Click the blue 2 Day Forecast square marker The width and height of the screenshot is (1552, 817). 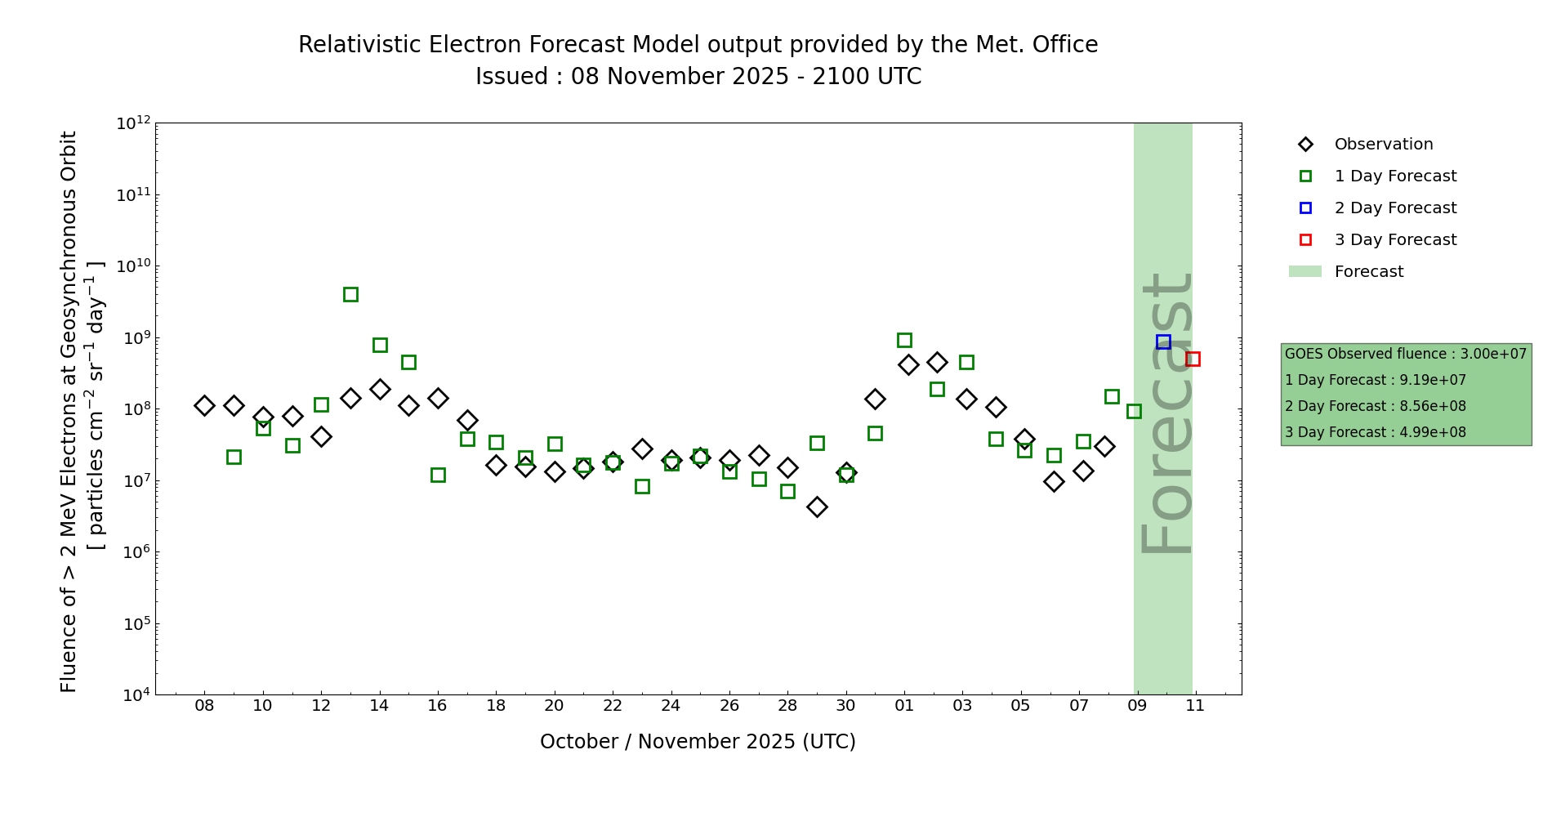tap(1163, 342)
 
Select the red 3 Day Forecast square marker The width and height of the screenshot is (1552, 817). tap(1193, 359)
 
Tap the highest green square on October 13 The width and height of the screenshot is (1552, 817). tap(350, 294)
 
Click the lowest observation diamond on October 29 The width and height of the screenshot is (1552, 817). tap(817, 507)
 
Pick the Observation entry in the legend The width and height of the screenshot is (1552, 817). tap(1383, 145)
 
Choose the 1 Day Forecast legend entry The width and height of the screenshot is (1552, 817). tap(1394, 176)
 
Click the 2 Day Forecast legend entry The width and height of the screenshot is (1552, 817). tap(1394, 208)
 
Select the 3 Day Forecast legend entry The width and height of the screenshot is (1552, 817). tap(1394, 240)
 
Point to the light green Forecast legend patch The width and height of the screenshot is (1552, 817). tap(1304, 271)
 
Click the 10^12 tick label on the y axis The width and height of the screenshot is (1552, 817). tap(133, 123)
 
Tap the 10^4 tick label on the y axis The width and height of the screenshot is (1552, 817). tap(135, 695)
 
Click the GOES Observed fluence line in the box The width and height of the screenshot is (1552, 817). tap(1405, 354)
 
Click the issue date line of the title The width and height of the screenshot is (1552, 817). tap(698, 77)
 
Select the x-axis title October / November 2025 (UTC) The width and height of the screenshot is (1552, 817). tap(698, 742)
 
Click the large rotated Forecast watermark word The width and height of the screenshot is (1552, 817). tap(1166, 413)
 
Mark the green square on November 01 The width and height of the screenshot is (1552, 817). tap(904, 340)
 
